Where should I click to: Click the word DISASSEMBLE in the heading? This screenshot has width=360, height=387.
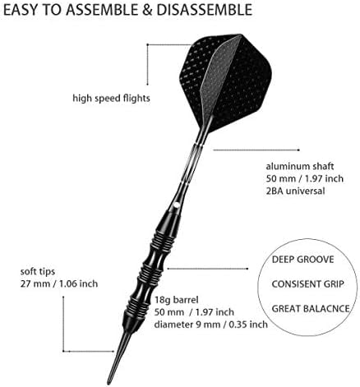[205, 10]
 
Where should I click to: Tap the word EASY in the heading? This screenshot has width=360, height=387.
[20, 10]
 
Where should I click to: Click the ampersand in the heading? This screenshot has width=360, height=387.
[147, 10]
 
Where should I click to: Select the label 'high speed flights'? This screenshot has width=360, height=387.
[111, 98]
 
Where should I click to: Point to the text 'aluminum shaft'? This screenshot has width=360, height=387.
[300, 166]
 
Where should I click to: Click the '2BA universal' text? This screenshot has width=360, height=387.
[295, 191]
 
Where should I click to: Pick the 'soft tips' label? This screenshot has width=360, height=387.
[38, 272]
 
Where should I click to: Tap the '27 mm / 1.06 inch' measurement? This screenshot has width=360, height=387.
[59, 283]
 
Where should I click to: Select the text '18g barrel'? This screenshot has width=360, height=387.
[176, 300]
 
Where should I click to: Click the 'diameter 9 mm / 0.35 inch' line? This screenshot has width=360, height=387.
[211, 325]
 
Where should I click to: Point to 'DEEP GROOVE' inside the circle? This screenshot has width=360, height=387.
[302, 260]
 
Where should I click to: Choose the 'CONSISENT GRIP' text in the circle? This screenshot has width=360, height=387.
[307, 284]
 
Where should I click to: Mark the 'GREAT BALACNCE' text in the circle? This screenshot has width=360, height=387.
[311, 309]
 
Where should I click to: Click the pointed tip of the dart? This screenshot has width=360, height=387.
[108, 383]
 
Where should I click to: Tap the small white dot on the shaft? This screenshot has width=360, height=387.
[177, 205]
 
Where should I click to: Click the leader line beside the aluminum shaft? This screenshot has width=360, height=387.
[256, 150]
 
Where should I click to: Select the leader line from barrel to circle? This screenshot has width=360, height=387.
[208, 269]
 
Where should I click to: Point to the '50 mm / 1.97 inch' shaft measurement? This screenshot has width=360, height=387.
[304, 178]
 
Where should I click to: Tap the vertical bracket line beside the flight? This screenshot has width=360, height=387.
[148, 64]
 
